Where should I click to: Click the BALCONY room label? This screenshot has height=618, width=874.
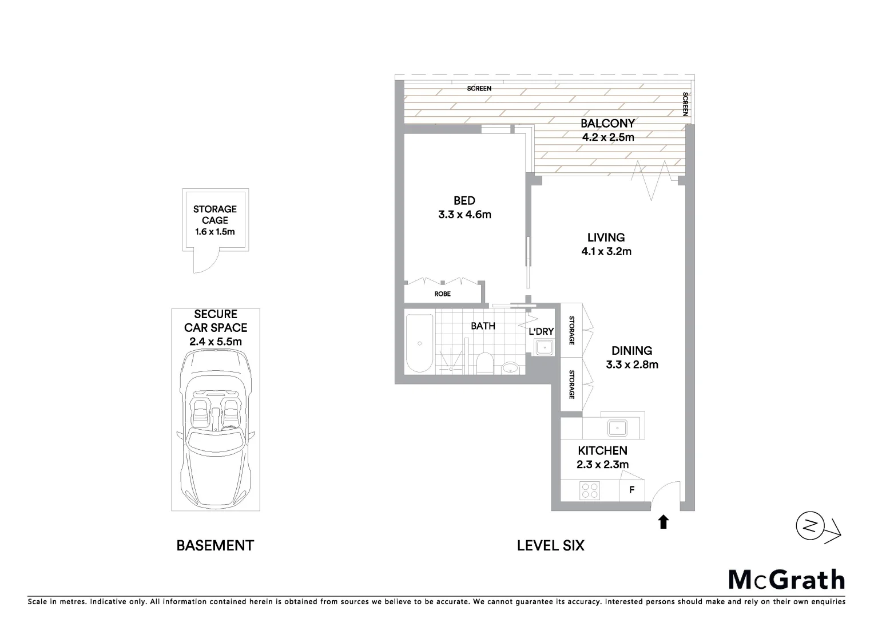(x=607, y=123)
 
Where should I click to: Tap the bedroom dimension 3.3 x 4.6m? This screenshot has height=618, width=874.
(x=464, y=215)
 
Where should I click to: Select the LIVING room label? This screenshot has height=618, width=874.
(x=606, y=237)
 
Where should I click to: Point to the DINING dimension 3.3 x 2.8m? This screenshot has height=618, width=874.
(x=631, y=365)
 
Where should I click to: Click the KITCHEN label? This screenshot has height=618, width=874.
(x=602, y=450)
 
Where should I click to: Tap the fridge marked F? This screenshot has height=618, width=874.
(x=632, y=490)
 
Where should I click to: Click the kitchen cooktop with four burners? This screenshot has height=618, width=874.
(x=590, y=490)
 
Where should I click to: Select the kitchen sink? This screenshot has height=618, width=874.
(x=618, y=427)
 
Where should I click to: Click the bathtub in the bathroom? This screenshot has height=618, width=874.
(x=419, y=343)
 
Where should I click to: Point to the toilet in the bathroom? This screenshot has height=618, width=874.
(x=484, y=363)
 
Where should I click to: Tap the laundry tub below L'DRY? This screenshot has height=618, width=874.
(x=543, y=347)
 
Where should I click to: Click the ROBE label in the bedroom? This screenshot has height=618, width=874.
(x=442, y=294)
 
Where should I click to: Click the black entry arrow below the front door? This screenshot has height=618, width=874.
(x=663, y=522)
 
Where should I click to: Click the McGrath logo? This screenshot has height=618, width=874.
(x=786, y=580)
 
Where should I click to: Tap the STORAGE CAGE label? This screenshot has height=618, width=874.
(x=214, y=215)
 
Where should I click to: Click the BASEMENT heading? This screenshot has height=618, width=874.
(x=214, y=545)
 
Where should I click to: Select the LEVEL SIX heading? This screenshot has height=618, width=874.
(x=550, y=545)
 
